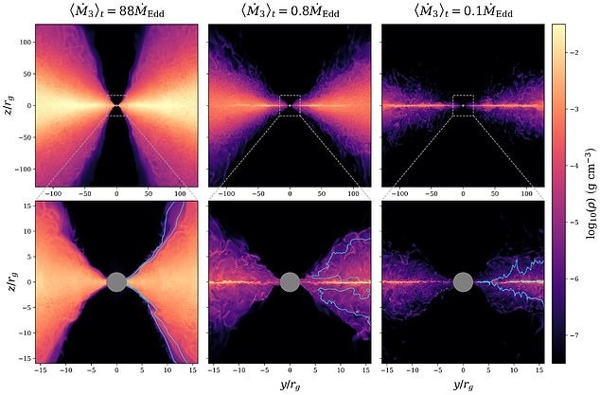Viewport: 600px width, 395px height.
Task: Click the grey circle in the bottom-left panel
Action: pos(116,282)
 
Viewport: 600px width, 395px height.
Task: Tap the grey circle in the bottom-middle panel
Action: pos(290,282)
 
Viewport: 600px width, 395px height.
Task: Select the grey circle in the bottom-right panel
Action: pos(463,282)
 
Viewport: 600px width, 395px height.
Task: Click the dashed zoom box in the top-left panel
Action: pos(116,105)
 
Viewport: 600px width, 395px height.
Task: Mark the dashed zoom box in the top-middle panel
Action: pos(290,105)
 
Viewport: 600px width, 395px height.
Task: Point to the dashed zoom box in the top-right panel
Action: pos(463,105)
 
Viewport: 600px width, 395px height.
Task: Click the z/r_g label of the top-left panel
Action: pos(9,105)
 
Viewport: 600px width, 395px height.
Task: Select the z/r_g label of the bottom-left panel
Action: pos(9,282)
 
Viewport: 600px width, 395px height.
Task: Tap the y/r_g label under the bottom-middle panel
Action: pos(290,386)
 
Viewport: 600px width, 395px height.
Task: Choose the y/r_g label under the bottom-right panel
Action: pos(463,386)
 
